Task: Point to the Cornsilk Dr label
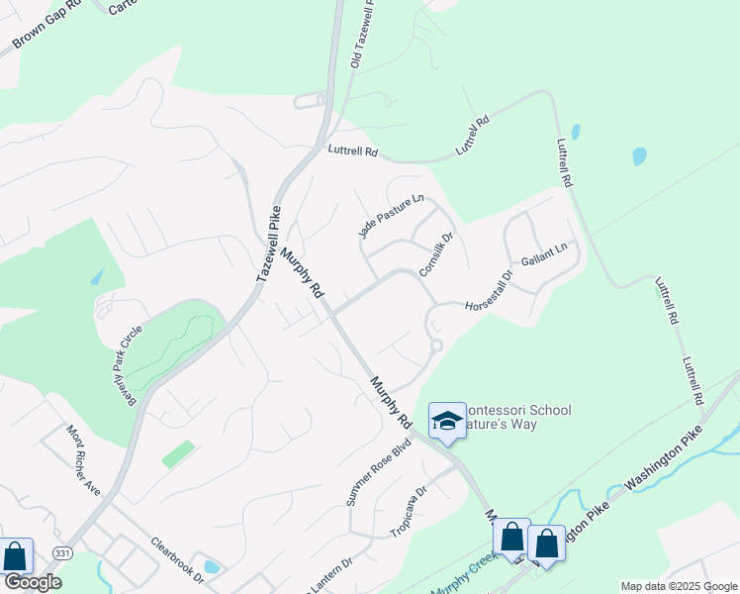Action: (x=435, y=254)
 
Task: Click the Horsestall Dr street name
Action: (x=490, y=290)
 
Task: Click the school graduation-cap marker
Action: (x=446, y=421)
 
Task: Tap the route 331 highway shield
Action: (x=62, y=552)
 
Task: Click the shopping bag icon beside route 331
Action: (x=15, y=557)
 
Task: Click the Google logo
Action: (x=32, y=582)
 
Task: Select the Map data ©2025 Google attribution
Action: (x=678, y=586)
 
